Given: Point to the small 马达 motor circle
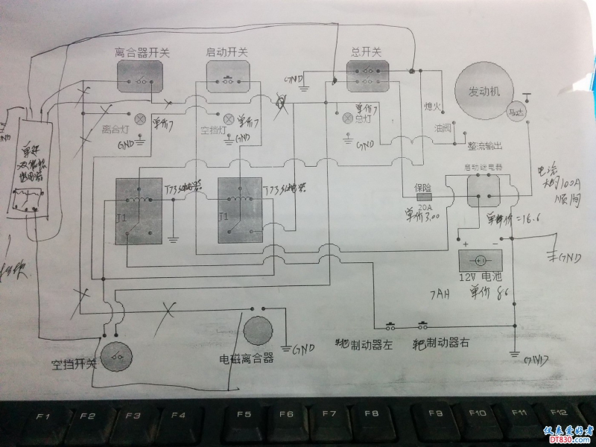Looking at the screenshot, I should pyautogui.click(x=515, y=112).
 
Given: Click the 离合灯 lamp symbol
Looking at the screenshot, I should pyautogui.click(x=139, y=118).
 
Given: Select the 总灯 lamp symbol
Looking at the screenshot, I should pyautogui.click(x=346, y=118).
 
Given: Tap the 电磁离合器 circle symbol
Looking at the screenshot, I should pyautogui.click(x=258, y=331).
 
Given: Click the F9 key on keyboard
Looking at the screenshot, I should pyautogui.click(x=436, y=413).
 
